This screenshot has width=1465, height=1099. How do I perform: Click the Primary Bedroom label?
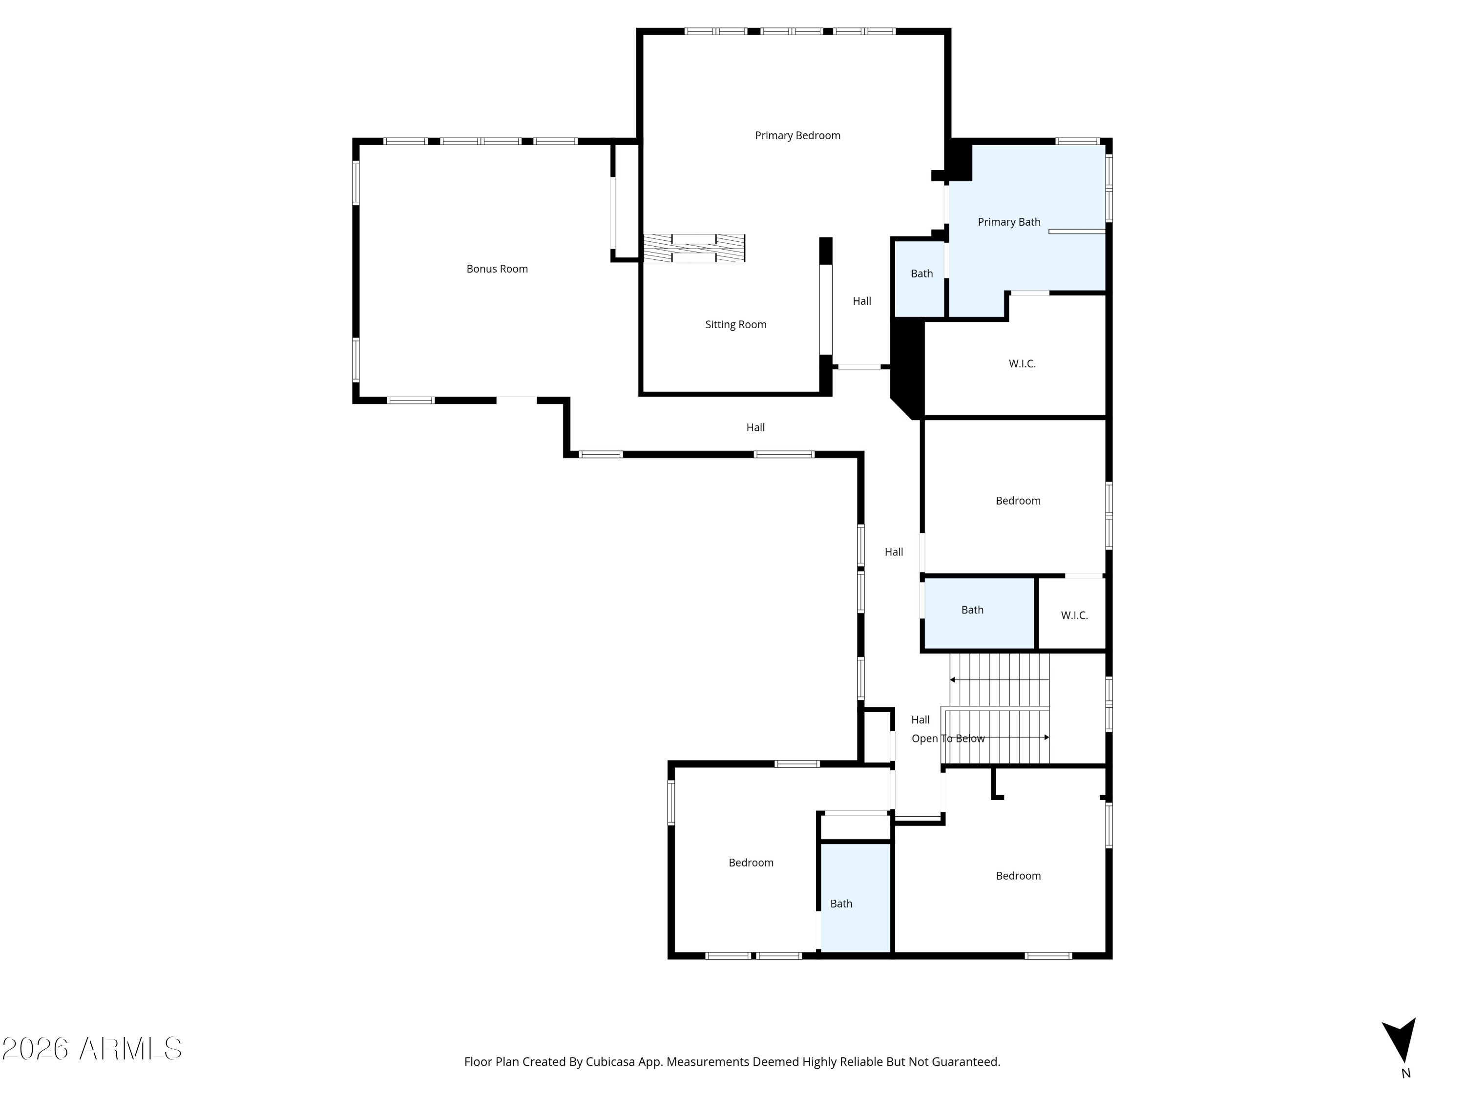tap(797, 135)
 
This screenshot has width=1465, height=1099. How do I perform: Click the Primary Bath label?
tap(1009, 222)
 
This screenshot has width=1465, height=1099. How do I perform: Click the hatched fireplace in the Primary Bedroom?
tap(694, 249)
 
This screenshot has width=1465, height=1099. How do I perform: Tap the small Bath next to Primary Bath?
tap(921, 274)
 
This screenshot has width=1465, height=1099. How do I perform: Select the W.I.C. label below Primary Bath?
tap(1022, 364)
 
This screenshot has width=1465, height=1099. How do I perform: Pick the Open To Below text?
tap(948, 739)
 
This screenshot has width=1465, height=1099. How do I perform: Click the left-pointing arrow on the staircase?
tap(952, 680)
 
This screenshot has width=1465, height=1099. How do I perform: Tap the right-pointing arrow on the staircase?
tap(1046, 737)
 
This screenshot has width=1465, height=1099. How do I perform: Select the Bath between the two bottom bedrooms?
tap(841, 904)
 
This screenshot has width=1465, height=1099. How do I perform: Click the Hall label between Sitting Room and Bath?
tap(861, 301)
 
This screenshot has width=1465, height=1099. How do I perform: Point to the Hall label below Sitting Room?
tap(755, 427)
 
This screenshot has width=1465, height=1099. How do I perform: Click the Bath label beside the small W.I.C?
tap(972, 610)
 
